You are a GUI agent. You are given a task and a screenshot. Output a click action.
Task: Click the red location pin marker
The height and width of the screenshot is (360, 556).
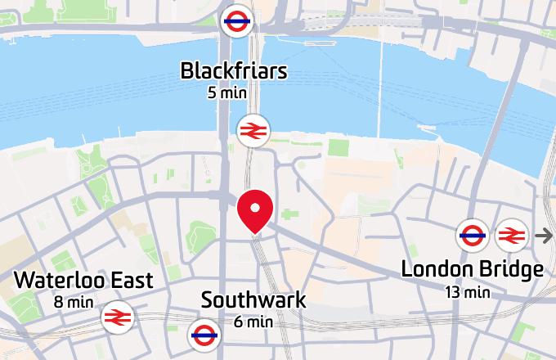click(254, 209)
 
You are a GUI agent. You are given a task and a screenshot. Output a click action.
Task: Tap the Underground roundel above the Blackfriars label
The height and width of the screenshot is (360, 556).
click(236, 21)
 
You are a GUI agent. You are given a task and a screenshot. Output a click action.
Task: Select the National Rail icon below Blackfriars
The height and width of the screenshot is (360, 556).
click(253, 130)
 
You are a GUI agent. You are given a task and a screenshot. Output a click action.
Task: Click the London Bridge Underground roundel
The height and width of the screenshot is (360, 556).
click(473, 236)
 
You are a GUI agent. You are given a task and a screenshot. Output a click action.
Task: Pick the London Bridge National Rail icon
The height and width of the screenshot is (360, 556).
click(511, 236)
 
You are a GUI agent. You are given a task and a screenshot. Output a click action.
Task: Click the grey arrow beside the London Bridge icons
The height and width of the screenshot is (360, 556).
click(544, 236)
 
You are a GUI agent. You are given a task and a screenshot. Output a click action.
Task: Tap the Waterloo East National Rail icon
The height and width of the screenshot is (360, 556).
click(118, 317)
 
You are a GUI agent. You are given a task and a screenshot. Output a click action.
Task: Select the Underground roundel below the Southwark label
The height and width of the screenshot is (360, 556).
click(204, 333)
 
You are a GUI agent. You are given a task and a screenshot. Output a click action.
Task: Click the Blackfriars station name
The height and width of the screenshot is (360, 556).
click(234, 71)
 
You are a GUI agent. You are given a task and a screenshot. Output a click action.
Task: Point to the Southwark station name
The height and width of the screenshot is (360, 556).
click(253, 300)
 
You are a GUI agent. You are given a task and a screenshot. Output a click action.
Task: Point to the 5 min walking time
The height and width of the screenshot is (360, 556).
click(227, 92)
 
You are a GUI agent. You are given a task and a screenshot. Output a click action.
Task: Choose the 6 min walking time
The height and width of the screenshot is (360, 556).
click(253, 322)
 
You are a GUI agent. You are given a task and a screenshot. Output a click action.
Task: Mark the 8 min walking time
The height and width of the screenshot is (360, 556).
click(74, 302)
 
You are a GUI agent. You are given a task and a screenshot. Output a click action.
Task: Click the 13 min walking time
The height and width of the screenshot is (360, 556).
click(468, 290)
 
